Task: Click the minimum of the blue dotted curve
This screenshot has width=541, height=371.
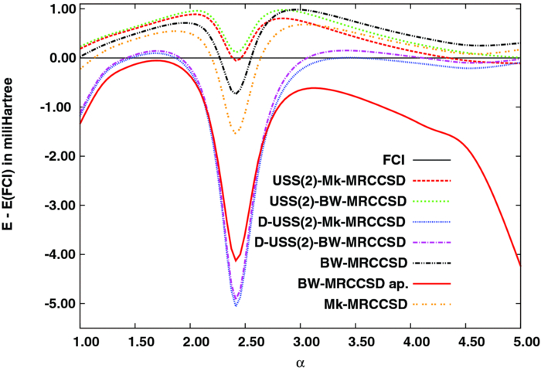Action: [236, 306]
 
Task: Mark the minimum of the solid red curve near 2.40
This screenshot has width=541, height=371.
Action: [236, 260]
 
